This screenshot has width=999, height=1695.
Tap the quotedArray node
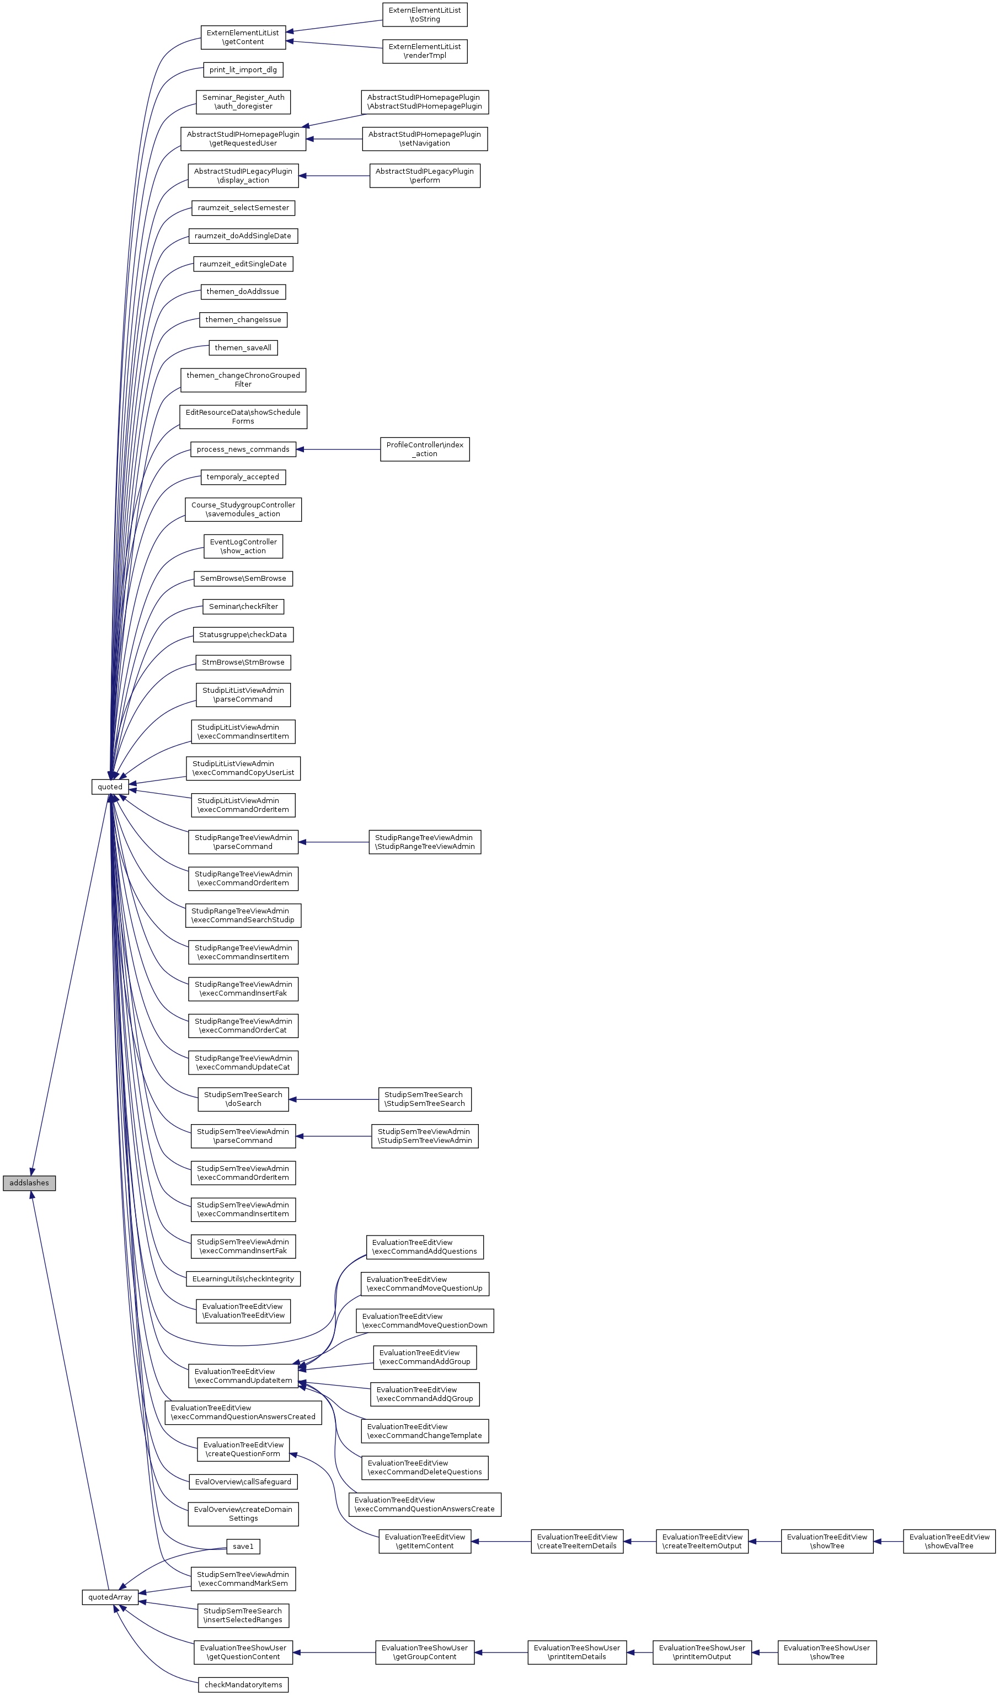point(110,1597)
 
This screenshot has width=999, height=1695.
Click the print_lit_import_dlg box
point(243,70)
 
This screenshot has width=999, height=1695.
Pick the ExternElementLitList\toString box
point(424,15)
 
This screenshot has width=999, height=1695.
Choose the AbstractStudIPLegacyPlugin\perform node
point(424,176)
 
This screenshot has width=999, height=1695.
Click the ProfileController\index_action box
point(424,449)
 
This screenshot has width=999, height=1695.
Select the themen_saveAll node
point(243,347)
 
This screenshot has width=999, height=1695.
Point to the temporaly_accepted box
point(243,477)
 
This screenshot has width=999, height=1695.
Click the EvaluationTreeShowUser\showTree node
point(827,1652)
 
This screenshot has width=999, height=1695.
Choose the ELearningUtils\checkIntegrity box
point(243,1279)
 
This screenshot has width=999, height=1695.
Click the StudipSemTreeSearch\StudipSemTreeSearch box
point(424,1099)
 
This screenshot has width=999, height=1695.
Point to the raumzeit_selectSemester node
point(243,208)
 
